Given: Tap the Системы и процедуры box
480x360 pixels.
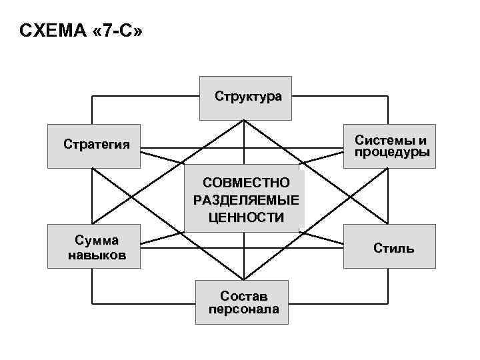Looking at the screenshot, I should coord(389,145).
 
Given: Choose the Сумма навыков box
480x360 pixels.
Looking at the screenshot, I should coord(93,247).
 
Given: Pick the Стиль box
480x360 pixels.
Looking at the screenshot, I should coord(389,247).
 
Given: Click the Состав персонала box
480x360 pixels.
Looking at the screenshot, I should coord(242,302).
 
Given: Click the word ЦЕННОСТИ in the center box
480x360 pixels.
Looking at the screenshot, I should coord(246,217).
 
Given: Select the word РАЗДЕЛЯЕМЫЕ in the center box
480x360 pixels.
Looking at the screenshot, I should coord(246,200).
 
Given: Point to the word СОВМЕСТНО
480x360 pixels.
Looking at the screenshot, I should coord(246,183).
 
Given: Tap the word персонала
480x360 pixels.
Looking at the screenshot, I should coord(243,309).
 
